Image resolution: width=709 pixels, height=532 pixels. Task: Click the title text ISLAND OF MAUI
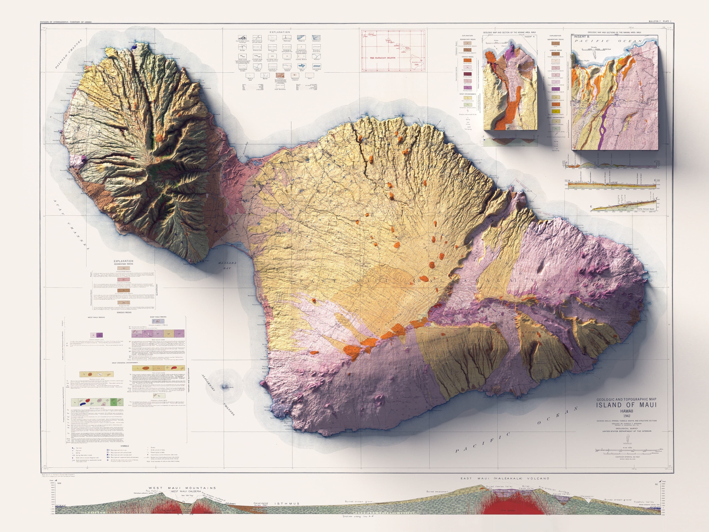(626, 405)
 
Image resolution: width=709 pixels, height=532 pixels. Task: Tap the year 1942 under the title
(627, 416)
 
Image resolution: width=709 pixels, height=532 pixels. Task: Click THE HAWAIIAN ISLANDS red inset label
(383, 58)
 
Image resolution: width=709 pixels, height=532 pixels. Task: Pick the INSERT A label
(529, 37)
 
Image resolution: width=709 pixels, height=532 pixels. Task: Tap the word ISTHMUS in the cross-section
(287, 504)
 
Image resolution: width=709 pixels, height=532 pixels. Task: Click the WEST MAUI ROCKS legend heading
(96, 317)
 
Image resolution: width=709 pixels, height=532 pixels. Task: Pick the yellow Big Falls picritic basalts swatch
(555, 112)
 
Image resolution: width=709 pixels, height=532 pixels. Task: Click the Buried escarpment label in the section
(438, 492)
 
